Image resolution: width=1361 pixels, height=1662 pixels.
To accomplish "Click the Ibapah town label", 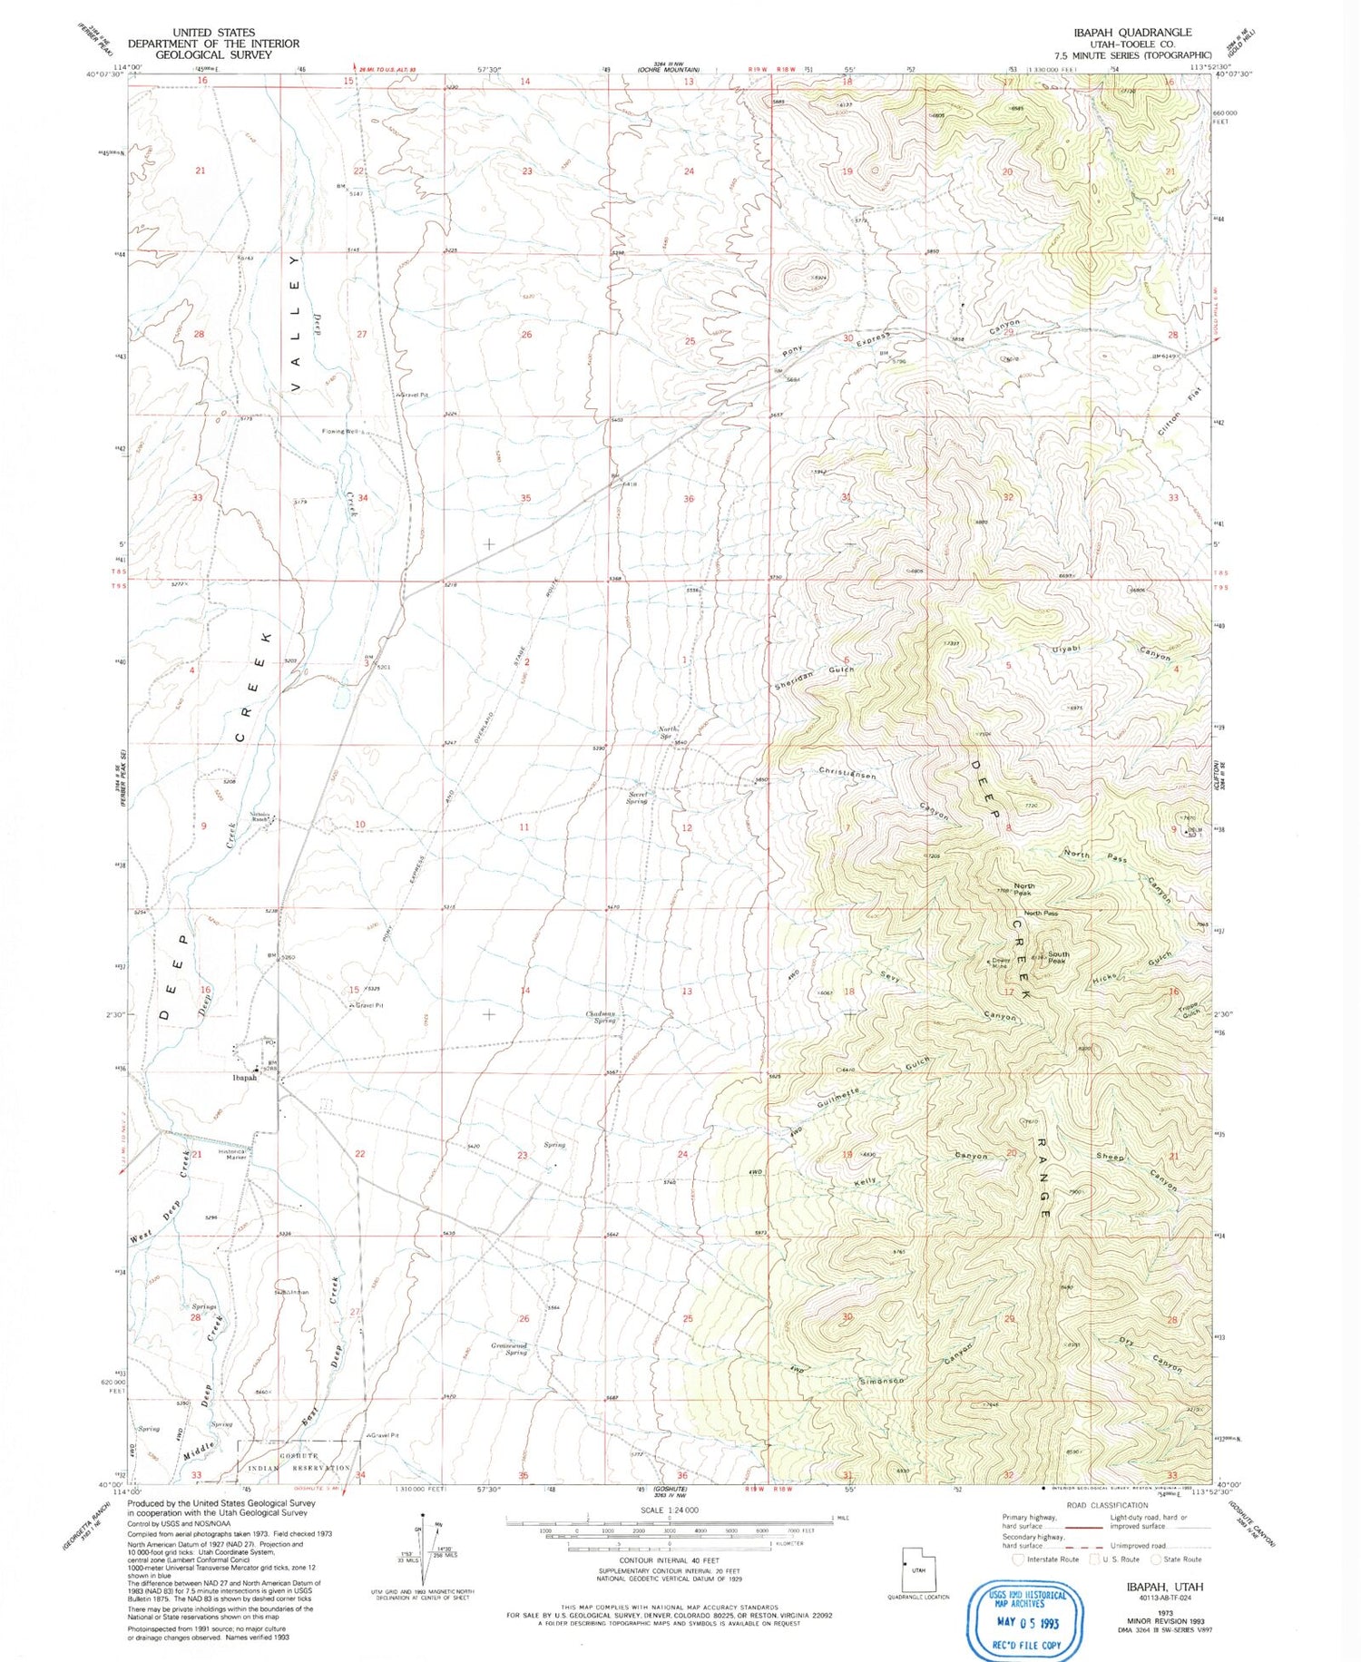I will tap(245, 1078).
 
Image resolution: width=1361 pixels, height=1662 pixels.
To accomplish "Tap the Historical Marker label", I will tap(233, 1155).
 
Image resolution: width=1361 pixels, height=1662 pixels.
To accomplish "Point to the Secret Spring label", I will tap(638, 797).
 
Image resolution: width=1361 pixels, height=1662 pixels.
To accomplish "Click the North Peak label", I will tap(1023, 889).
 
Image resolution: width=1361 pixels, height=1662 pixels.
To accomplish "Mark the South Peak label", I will tap(1058, 957).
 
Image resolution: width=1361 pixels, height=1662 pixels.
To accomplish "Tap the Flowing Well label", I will tap(341, 431).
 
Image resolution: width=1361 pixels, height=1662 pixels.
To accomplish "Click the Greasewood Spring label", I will tap(509, 1349).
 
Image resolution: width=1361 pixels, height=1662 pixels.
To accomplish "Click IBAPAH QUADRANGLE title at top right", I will tap(1132, 32).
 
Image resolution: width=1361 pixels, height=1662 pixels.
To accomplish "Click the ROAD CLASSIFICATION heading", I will tap(1106, 1505).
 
